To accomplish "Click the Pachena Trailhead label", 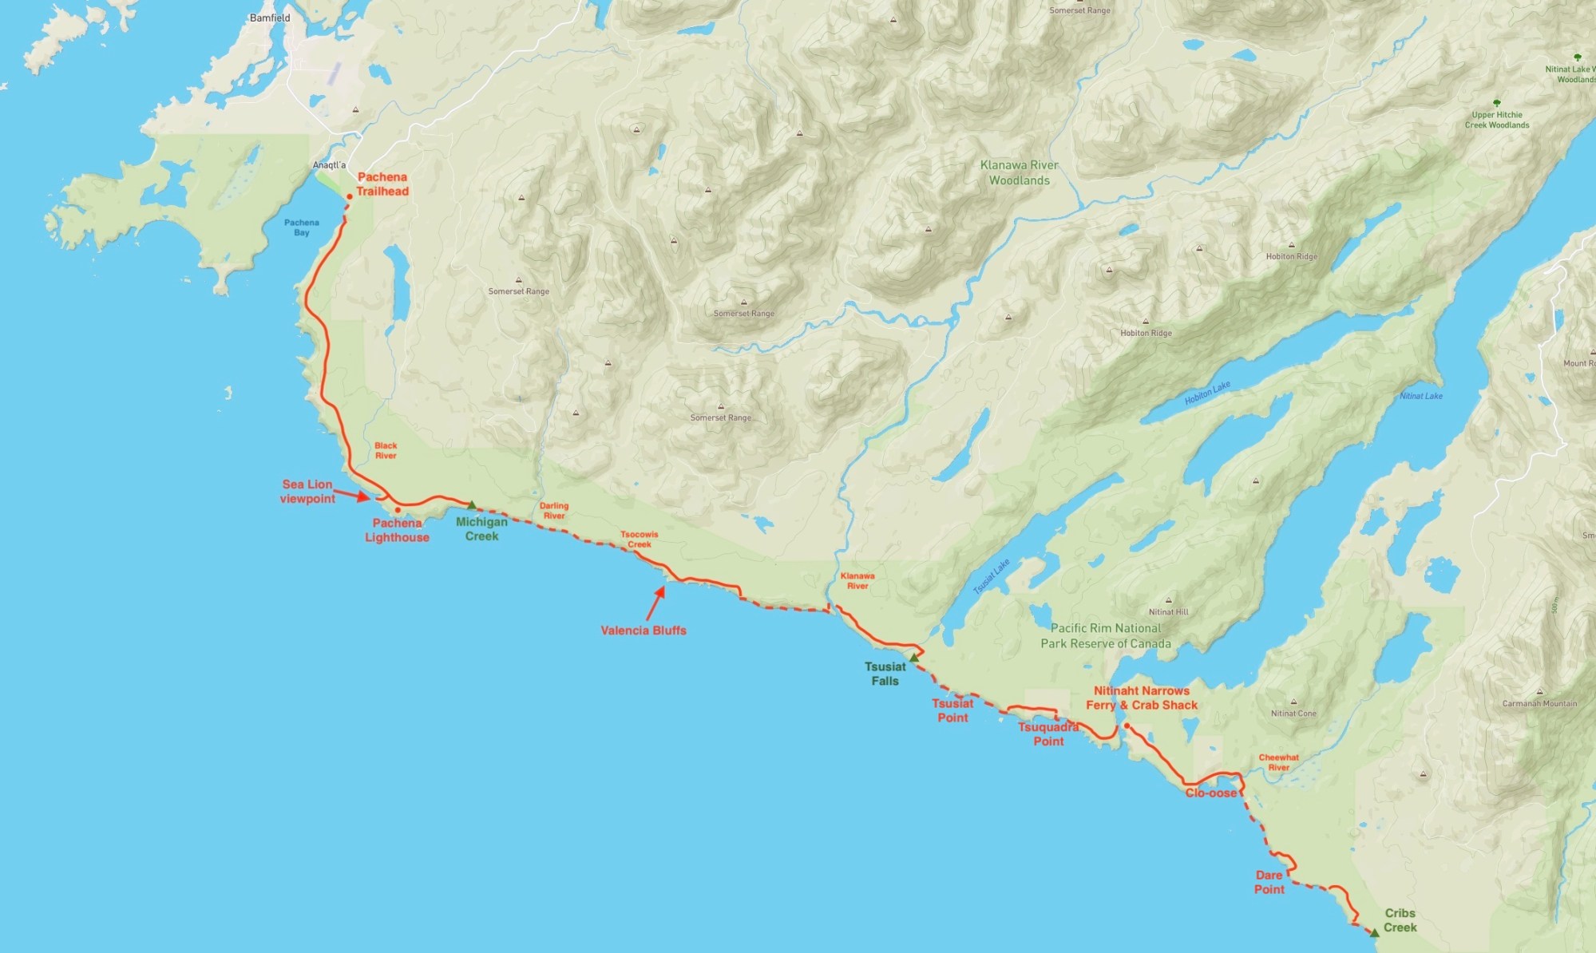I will (x=382, y=184).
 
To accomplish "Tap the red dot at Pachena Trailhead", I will (x=350, y=196).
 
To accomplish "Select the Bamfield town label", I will (x=270, y=18).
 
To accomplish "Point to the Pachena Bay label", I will (x=301, y=227).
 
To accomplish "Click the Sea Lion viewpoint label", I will (x=307, y=492).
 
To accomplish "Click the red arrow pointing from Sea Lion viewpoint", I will (x=351, y=496).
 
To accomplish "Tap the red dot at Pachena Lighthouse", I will (x=398, y=510).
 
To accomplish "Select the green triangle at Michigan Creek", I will (x=472, y=505).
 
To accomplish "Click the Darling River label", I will (x=554, y=511).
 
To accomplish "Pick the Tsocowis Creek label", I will (x=640, y=540).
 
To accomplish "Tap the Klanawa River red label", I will (x=857, y=581).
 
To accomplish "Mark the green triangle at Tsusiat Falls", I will (x=914, y=658).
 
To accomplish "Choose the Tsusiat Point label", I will (x=952, y=710).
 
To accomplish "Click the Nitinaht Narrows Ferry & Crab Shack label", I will (x=1142, y=698).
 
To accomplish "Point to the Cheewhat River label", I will (x=1278, y=762).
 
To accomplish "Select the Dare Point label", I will (x=1269, y=883).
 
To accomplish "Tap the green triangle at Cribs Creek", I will (x=1375, y=932).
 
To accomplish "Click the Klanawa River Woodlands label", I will (x=1020, y=172).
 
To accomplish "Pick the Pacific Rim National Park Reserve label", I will (x=1106, y=636).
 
